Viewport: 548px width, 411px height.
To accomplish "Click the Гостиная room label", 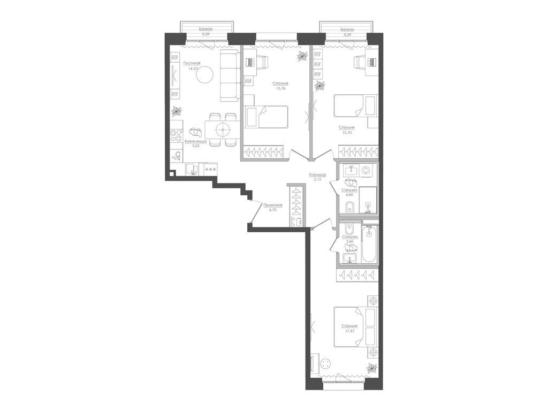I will pyautogui.click(x=179, y=63).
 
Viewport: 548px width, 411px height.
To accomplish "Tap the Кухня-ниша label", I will pyautogui.click(x=195, y=141).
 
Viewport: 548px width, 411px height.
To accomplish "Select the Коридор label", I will pyautogui.click(x=317, y=175).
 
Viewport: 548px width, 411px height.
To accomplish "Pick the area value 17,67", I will pyautogui.click(x=350, y=330).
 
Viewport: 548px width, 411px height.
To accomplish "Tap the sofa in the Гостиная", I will pyautogui.click(x=229, y=76).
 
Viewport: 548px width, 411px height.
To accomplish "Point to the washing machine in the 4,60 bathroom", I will pyautogui.click(x=366, y=170).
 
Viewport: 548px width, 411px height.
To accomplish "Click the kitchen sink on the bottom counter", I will pyautogui.click(x=193, y=170).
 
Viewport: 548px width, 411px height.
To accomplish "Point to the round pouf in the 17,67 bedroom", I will pyautogui.click(x=326, y=364).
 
